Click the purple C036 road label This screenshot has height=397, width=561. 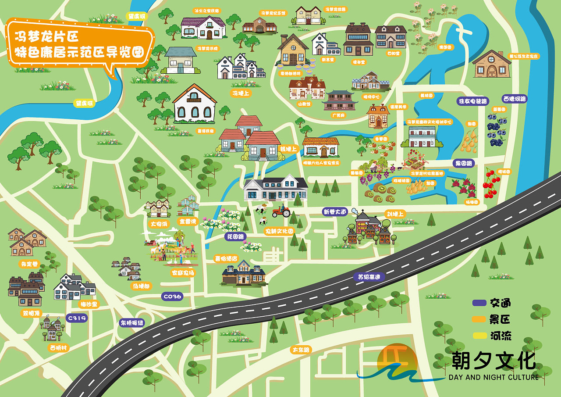click(x=172, y=297)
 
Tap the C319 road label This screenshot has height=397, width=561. click(x=76, y=318)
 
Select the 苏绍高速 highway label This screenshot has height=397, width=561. click(x=369, y=277)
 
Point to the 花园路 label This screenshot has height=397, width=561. click(x=235, y=236)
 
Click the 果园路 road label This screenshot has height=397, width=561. click(x=464, y=163)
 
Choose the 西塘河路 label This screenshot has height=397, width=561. click(x=514, y=99)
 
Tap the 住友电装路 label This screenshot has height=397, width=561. click(x=472, y=101)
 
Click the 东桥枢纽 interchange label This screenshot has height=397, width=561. click(x=132, y=323)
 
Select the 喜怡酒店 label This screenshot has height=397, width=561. click(x=225, y=258)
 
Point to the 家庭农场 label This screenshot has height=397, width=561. click(x=182, y=272)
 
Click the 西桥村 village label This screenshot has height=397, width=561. click(x=58, y=347)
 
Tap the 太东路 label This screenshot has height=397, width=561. click(x=301, y=350)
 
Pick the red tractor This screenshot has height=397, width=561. click(x=281, y=212)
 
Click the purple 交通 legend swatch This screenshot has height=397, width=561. click(x=479, y=303)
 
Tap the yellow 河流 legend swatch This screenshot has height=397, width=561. click(x=479, y=336)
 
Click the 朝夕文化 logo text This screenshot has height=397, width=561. click(x=493, y=361)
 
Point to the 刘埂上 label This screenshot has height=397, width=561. click(x=395, y=214)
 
